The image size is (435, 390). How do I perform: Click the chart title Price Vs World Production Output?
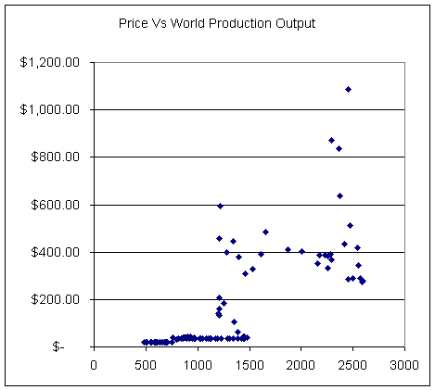point(217,21)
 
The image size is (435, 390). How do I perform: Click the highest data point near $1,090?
point(348,90)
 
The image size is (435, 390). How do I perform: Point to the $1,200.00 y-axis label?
point(57,62)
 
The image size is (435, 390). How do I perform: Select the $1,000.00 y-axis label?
point(57,109)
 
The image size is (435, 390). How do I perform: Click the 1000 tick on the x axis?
point(197,363)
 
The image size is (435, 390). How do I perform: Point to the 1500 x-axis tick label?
point(249,363)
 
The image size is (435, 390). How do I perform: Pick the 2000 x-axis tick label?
point(301,363)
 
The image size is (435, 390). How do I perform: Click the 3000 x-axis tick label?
point(403,363)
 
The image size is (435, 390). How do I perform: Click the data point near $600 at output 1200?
point(220,206)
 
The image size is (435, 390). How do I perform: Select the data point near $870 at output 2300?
point(331,141)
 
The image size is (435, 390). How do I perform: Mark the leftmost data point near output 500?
point(144,342)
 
